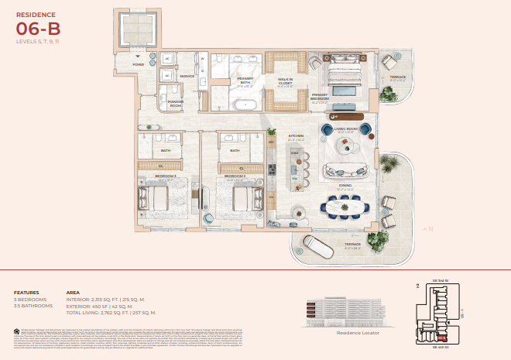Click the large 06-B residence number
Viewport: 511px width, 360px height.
pyautogui.click(x=38, y=29)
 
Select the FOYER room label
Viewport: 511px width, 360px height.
pyautogui.click(x=138, y=65)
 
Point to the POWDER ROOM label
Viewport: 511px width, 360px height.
pyautogui.click(x=177, y=104)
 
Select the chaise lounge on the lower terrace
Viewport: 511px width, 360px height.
pyautogui.click(x=313, y=247)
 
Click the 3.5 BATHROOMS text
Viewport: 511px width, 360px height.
pyautogui.click(x=33, y=306)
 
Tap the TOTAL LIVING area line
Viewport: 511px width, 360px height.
pyautogui.click(x=111, y=312)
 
